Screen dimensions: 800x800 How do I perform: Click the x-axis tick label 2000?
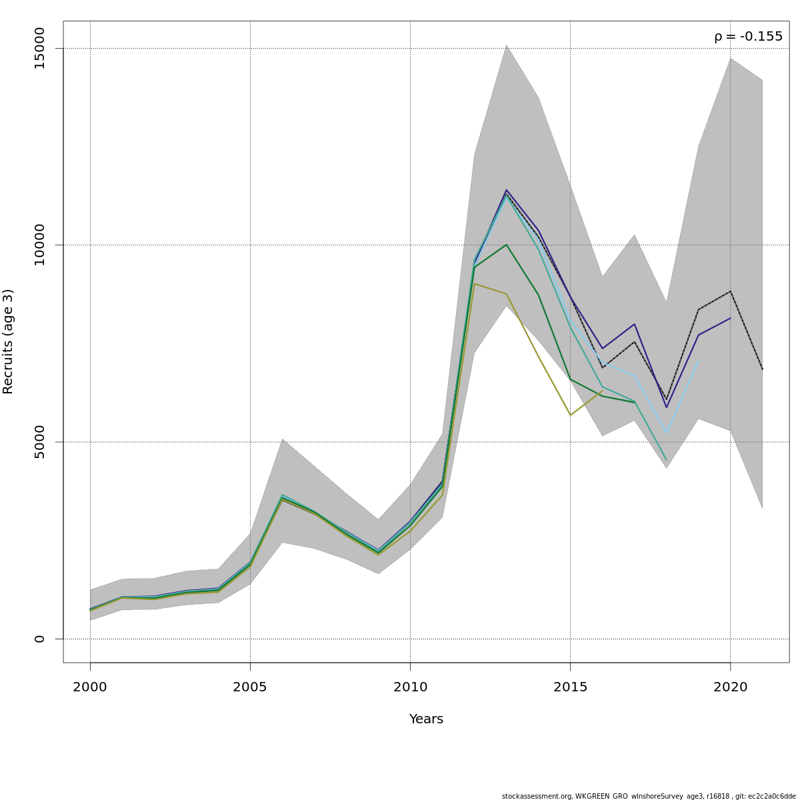(90, 687)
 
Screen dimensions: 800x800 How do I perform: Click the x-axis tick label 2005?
(250, 687)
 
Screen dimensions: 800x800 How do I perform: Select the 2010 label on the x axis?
(410, 687)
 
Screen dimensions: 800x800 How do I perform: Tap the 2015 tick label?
(570, 687)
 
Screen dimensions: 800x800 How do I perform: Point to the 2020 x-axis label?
(730, 687)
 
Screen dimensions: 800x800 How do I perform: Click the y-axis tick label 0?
(39, 639)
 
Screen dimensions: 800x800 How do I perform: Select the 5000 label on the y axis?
(39, 442)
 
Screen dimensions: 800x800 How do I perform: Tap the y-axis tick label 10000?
(39, 245)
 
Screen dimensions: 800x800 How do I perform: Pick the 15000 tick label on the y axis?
(39, 49)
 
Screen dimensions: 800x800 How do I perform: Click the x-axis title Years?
(426, 719)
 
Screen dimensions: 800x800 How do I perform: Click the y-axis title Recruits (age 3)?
(8, 341)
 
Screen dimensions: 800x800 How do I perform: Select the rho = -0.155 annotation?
(748, 37)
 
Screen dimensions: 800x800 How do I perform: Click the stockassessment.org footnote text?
(648, 796)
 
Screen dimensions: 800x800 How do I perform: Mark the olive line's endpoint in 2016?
(602, 391)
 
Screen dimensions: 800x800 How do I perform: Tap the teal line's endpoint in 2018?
(666, 460)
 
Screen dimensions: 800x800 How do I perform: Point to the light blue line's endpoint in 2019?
(698, 361)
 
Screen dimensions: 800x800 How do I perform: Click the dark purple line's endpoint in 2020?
(730, 318)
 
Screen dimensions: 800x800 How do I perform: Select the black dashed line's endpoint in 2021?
(762, 369)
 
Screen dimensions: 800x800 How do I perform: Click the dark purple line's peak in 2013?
(507, 190)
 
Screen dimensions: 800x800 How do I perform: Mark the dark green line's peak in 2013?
(507, 245)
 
